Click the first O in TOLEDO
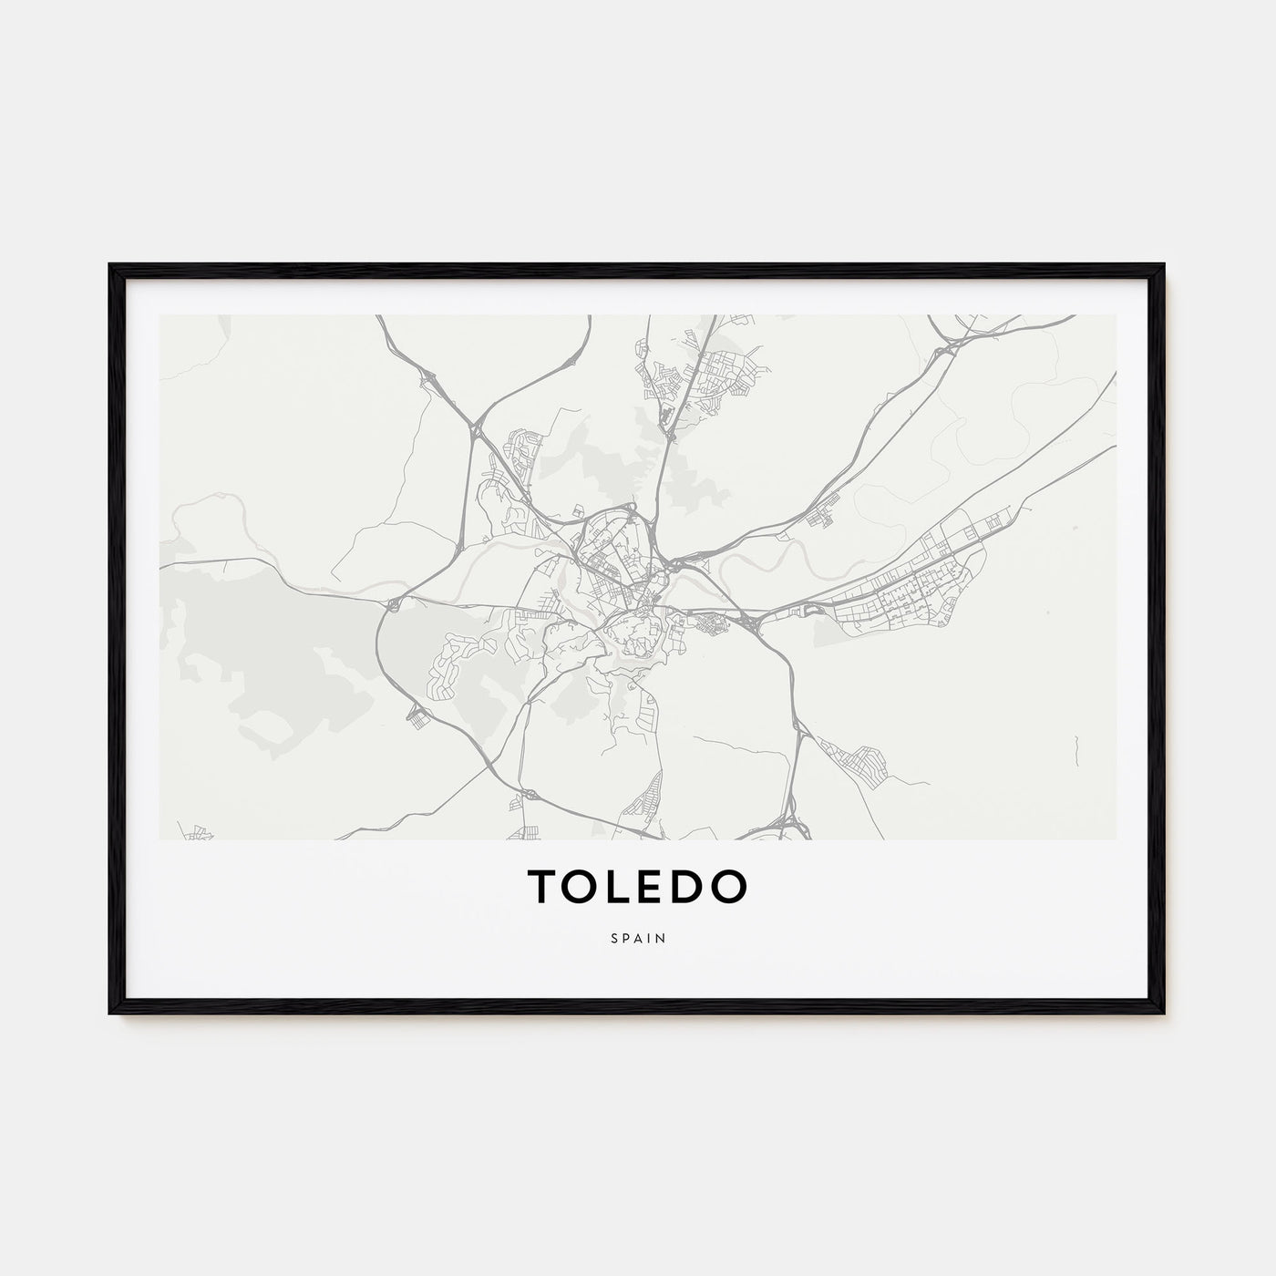tap(581, 887)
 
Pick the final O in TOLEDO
tap(729, 887)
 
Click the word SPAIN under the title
tap(638, 937)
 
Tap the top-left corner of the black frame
tap(111, 266)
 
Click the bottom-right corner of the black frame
tap(1163, 1012)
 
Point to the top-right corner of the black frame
tap(1163, 266)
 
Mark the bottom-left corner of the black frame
tap(111, 1012)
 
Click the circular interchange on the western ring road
tap(393, 603)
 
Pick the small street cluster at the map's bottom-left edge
tap(197, 831)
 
